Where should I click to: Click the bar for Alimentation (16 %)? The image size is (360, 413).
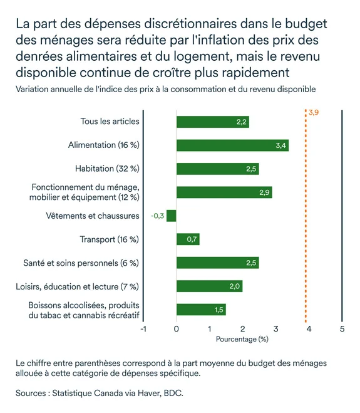click(232, 145)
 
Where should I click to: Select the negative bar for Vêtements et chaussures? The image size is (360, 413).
click(172, 216)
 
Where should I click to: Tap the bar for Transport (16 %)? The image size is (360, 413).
click(188, 239)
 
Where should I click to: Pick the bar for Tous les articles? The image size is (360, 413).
click(213, 122)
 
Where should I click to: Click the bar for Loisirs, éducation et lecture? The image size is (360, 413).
click(209, 286)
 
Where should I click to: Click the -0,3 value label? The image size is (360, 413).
click(157, 216)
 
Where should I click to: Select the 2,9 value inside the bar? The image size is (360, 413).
click(264, 192)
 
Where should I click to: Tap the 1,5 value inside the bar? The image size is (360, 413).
click(219, 310)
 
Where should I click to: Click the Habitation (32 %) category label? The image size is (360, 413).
click(107, 169)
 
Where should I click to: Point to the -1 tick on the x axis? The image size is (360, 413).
click(143, 328)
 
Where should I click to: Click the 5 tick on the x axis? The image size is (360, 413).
click(342, 328)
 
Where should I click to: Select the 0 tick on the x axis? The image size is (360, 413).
click(177, 328)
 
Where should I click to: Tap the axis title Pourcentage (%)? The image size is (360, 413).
click(242, 339)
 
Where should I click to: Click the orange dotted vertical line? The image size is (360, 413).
click(307, 219)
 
